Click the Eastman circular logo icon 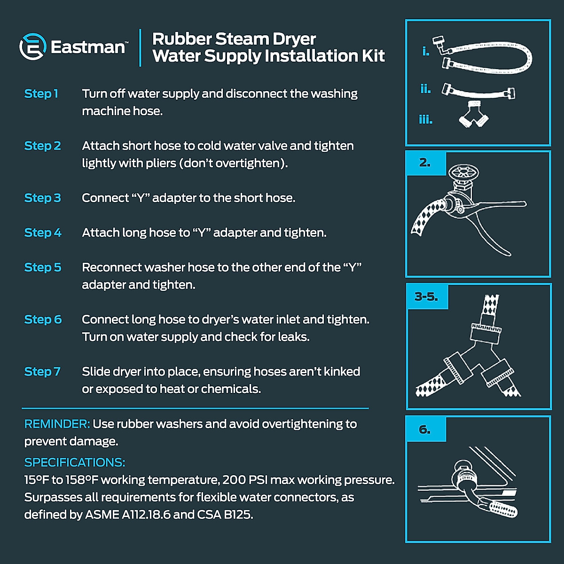coord(32,47)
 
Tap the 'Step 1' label coord(41,94)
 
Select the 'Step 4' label coord(43,233)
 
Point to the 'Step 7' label coord(42,372)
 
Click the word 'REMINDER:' coord(57,424)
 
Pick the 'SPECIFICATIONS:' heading coord(75,462)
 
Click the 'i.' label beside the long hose coord(426,51)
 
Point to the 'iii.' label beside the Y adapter coord(426,120)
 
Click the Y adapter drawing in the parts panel coord(474,114)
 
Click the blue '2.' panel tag coord(425,163)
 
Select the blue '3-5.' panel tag coord(426,297)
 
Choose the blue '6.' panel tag coord(425,430)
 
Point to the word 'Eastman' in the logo coord(88,47)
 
